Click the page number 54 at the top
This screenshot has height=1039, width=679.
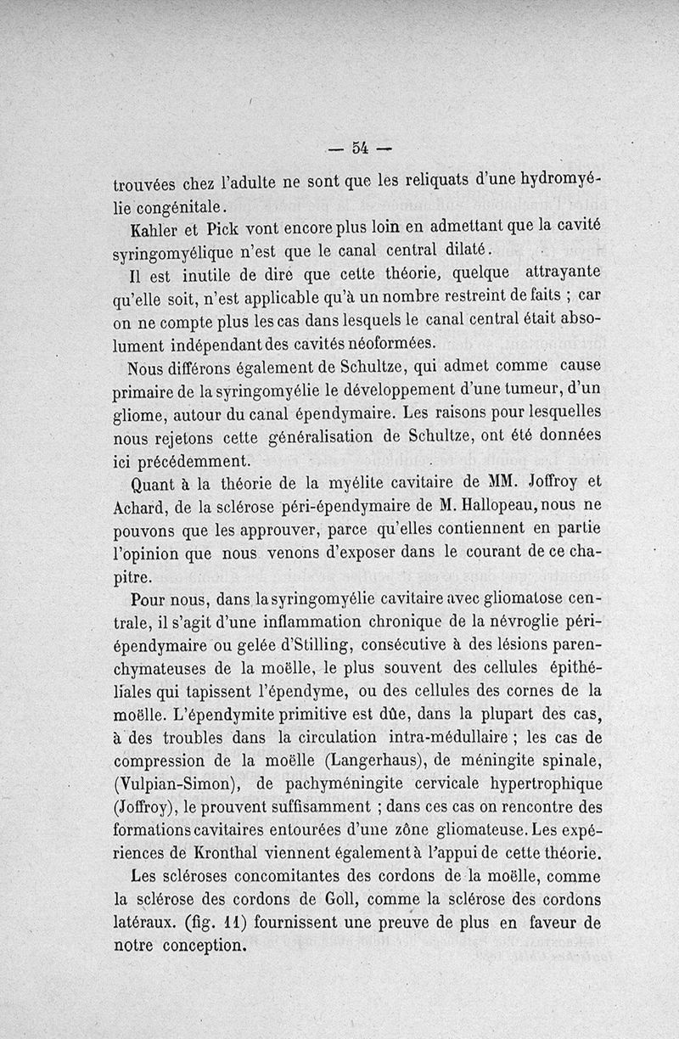[x=358, y=149]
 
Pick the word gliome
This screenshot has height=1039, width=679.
[x=141, y=414]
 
